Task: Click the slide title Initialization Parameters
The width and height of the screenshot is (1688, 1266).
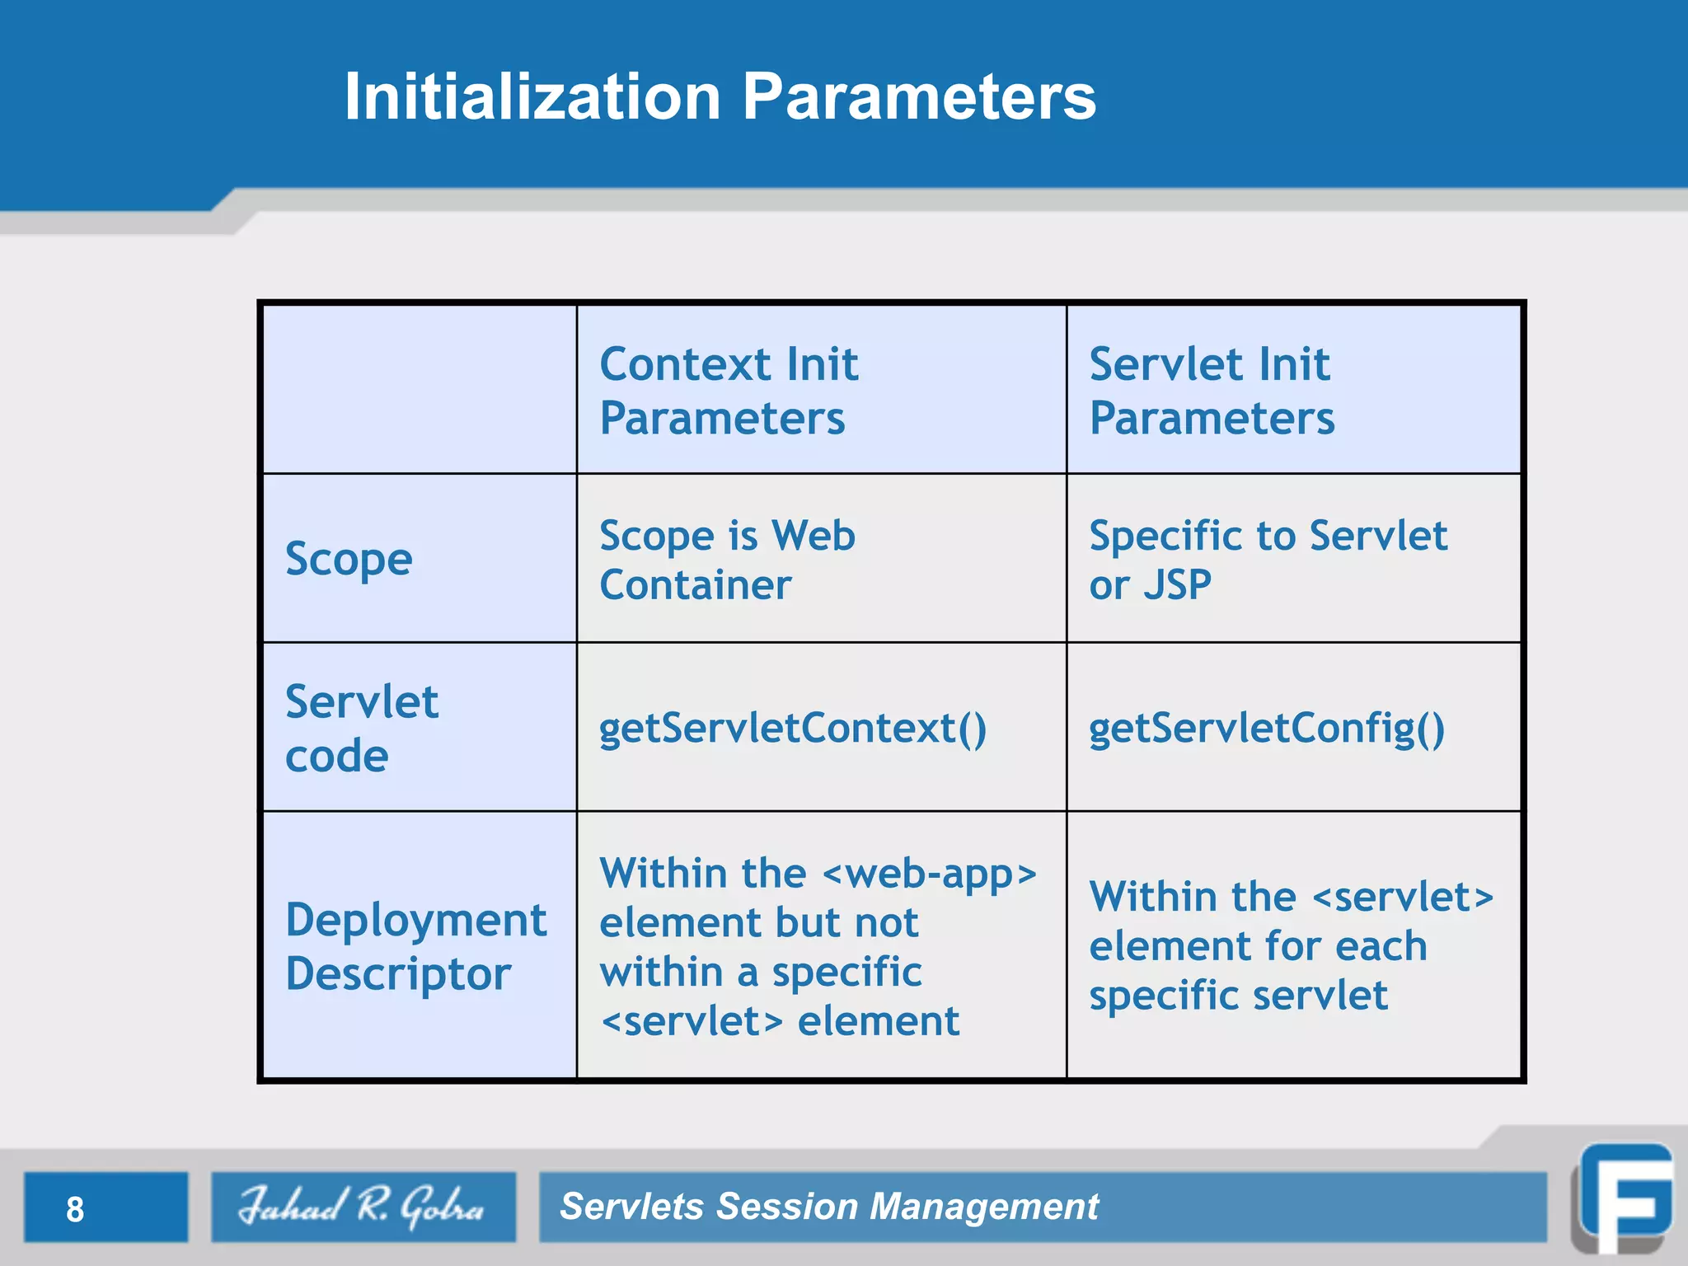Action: pos(720,96)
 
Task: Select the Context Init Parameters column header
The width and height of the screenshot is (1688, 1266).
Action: pos(729,391)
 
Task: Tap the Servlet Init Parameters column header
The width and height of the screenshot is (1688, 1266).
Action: pos(1211,391)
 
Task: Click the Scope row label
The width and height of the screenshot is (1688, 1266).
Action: pos(349,560)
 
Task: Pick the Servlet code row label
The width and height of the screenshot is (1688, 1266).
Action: pos(361,728)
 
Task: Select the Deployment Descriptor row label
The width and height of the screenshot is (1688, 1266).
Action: pos(415,946)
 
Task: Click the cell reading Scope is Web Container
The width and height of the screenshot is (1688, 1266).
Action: pos(727,560)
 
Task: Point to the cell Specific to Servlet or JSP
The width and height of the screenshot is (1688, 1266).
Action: pos(1267,560)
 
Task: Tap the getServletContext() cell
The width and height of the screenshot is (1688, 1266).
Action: pos(792,729)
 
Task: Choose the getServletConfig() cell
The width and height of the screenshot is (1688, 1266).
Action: pos(1267,729)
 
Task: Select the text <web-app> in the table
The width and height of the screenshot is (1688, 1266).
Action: pos(929,874)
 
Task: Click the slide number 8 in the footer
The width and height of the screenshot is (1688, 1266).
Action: pos(75,1209)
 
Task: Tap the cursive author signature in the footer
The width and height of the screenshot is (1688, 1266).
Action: pos(362,1207)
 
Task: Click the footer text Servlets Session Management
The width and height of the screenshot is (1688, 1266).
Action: pos(828,1207)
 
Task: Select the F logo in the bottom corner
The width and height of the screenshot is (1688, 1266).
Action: pos(1625,1198)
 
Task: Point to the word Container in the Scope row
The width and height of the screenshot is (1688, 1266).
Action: pos(695,585)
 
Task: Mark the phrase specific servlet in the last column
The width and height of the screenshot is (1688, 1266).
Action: pos(1238,996)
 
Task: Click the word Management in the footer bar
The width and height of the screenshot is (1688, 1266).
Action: pos(984,1207)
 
